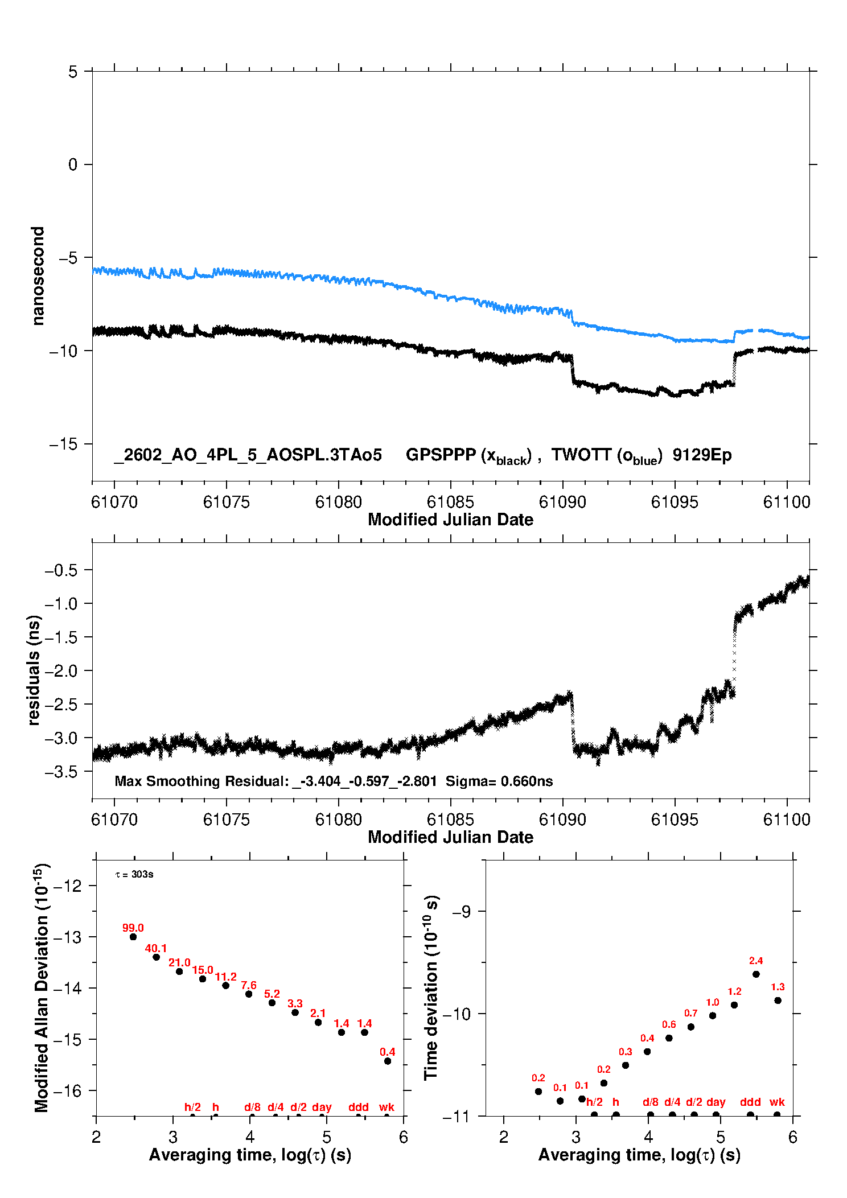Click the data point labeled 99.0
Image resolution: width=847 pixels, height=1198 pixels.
(133, 937)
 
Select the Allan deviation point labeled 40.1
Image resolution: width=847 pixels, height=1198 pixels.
(157, 957)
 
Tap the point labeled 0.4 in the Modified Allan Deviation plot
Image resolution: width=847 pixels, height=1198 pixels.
(388, 1061)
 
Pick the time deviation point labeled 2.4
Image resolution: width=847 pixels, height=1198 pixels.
(756, 974)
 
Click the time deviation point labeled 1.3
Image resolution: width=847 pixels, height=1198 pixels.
(778, 1001)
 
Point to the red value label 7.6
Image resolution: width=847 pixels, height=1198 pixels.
(249, 985)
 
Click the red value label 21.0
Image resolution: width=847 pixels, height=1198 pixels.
(179, 962)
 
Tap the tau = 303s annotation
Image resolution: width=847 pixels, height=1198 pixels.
(134, 874)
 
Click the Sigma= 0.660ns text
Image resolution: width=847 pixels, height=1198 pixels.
(499, 781)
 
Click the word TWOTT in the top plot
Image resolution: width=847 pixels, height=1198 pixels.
(581, 455)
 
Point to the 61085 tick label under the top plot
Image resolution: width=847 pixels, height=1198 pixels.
(450, 502)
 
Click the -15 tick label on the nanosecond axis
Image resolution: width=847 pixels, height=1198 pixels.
(64, 444)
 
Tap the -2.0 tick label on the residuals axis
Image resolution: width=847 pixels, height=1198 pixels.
(61, 671)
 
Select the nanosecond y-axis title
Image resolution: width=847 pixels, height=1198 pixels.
(38, 276)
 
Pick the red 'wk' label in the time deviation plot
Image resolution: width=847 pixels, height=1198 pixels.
(777, 1102)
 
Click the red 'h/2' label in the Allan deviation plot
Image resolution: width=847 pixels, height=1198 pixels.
(192, 1107)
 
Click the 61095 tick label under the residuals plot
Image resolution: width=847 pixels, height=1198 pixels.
(675, 820)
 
